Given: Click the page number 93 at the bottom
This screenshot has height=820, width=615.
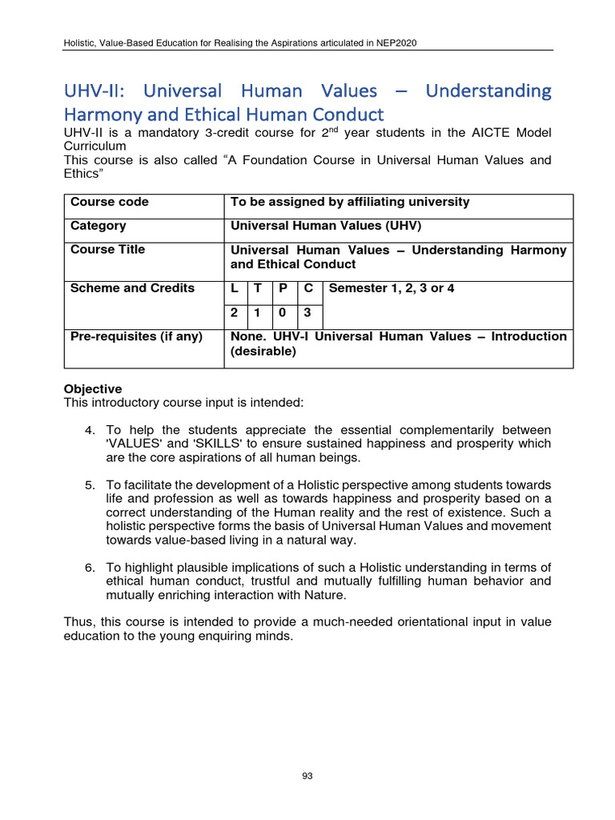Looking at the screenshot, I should pos(307,775).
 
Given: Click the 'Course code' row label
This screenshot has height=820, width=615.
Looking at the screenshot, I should pos(109,202).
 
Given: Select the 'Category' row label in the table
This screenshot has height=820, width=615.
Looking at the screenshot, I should pos(98,226).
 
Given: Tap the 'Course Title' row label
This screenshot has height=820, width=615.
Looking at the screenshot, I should pos(107,250).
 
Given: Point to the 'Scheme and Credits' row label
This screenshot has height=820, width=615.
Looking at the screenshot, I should pos(132,288).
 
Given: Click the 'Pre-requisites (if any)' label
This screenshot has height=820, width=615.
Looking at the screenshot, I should pos(136,336).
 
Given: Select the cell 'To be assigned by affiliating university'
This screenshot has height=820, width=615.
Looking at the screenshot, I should pos(350,202).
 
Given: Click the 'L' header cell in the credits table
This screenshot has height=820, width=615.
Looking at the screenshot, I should pos(234,288).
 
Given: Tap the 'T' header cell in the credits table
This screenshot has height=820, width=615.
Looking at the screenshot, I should pos(258,288).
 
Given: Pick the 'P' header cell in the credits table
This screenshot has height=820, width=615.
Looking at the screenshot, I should pos(283,288).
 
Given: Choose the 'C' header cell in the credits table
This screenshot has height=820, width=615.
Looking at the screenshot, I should pos(308,288).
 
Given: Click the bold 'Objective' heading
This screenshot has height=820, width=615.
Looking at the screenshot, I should pos(93,389).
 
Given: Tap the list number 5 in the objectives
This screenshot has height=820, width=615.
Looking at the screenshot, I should pos(90,485).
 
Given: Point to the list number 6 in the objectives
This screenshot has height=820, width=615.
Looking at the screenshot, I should pos(90,567).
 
